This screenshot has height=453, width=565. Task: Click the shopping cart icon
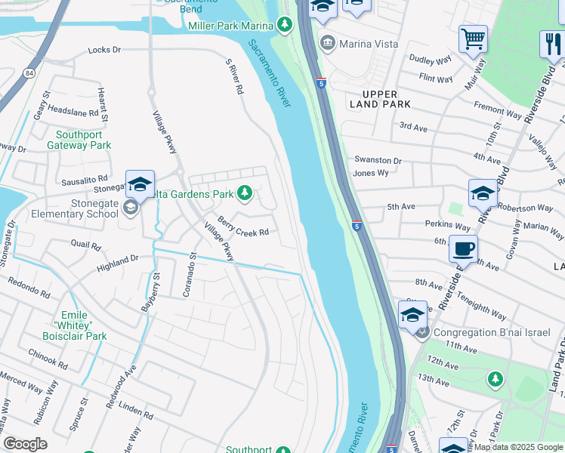tap(473, 38)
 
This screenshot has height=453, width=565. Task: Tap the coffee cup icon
tap(463, 248)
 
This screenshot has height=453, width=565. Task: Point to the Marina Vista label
tap(368, 44)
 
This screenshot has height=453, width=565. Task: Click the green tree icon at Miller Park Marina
tap(284, 26)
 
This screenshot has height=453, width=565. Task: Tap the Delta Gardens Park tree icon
tap(244, 194)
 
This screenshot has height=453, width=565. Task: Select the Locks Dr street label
tap(104, 50)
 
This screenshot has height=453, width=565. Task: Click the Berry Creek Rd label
tap(243, 226)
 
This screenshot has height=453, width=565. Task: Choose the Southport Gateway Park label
tap(79, 139)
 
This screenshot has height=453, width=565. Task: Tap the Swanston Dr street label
tap(378, 161)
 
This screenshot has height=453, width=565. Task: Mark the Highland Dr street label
tap(118, 263)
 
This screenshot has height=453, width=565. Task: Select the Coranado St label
tap(190, 275)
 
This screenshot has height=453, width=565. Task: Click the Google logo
tap(25, 444)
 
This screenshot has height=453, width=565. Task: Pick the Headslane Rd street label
tap(73, 109)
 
